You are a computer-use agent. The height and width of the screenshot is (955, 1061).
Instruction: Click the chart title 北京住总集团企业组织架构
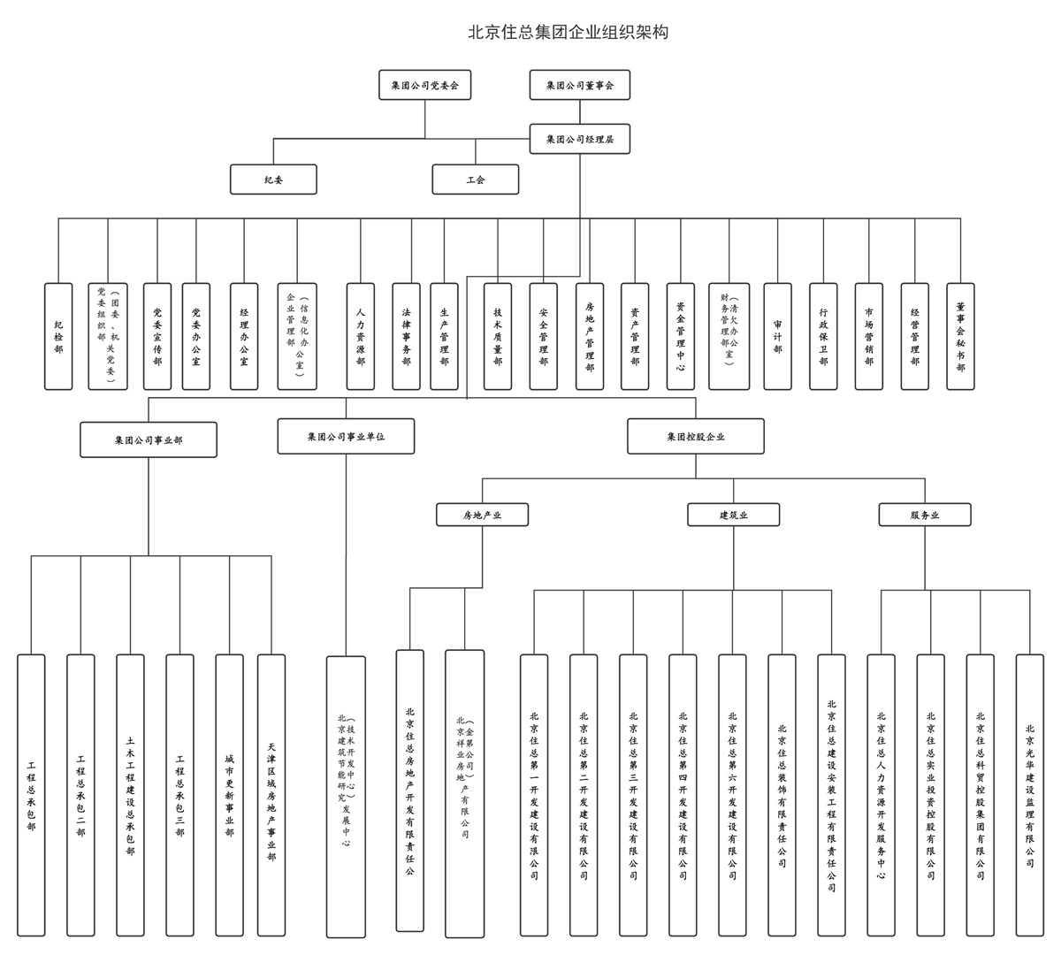click(568, 33)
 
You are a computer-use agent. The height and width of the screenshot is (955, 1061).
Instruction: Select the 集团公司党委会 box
click(424, 86)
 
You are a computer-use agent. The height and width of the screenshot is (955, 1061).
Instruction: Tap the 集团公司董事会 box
click(579, 86)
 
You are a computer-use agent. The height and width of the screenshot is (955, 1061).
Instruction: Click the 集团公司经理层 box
click(579, 139)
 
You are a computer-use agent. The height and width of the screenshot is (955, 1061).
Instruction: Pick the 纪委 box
click(273, 180)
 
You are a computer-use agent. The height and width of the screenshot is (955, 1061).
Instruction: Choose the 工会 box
click(475, 180)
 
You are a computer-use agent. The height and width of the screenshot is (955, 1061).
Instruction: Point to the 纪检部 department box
click(58, 336)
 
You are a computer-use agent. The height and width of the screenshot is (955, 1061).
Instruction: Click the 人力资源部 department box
click(360, 336)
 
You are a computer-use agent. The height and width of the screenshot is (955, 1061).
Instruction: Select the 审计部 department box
click(777, 336)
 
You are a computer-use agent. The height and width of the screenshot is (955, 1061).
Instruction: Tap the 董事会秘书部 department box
click(960, 336)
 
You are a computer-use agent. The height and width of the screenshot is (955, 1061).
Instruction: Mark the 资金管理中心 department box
click(680, 336)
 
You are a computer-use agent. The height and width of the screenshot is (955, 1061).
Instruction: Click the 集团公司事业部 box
click(149, 439)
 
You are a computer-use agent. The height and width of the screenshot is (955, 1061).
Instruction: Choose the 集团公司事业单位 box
click(346, 437)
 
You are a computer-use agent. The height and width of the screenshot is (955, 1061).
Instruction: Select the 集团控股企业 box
click(696, 437)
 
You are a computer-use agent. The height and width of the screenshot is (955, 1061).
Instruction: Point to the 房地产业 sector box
click(482, 515)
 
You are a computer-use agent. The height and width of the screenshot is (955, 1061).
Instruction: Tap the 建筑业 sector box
click(733, 515)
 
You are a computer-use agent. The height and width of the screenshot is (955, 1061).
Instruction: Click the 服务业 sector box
click(924, 515)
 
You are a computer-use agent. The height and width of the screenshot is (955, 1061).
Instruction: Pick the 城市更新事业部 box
click(229, 795)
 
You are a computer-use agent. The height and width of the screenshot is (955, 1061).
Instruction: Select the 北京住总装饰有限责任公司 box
click(782, 795)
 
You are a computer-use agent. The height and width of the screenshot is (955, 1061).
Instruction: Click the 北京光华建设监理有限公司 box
click(1029, 795)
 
